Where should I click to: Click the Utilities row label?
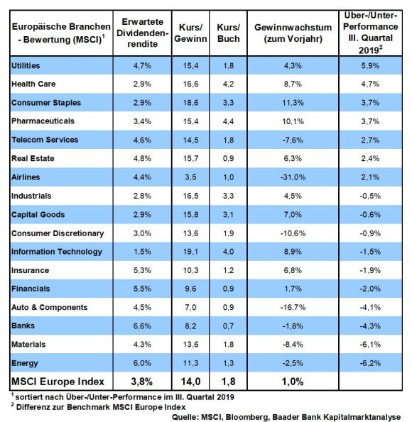26,66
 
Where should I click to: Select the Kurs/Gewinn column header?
190,33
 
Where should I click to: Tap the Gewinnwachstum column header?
293,33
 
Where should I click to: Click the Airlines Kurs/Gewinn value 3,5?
190,177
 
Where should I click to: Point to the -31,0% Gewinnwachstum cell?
293,177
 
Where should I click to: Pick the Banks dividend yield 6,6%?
142,326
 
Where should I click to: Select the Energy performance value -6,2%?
370,363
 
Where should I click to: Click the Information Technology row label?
57,252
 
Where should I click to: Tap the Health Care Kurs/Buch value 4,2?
229,84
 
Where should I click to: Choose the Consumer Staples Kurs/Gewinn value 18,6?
190,103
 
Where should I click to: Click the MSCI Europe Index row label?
58,382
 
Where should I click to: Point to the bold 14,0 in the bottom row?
190,382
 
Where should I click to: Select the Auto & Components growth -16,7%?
293,307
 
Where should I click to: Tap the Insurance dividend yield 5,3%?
142,270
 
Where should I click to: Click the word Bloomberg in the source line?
247,417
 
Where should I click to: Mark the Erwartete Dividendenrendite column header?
142,33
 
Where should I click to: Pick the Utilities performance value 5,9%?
370,66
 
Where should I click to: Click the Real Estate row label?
33,159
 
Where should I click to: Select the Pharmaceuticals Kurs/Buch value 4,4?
229,121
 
